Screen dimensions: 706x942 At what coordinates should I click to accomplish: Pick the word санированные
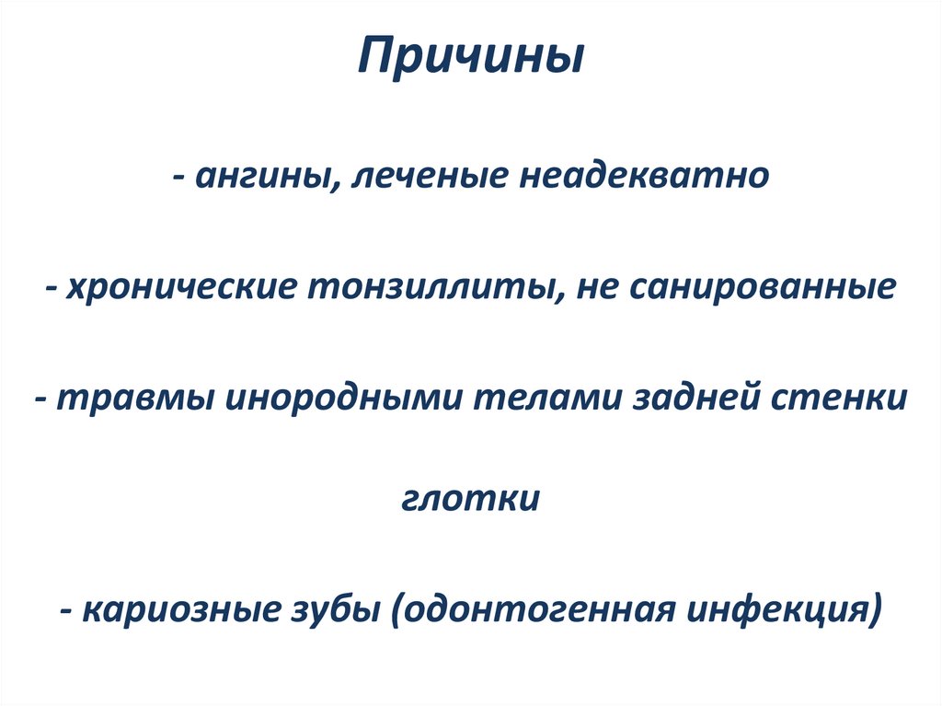[x=763, y=287]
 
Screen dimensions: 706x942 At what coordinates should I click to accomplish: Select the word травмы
[x=131, y=399]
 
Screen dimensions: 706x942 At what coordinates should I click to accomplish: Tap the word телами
[x=547, y=399]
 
